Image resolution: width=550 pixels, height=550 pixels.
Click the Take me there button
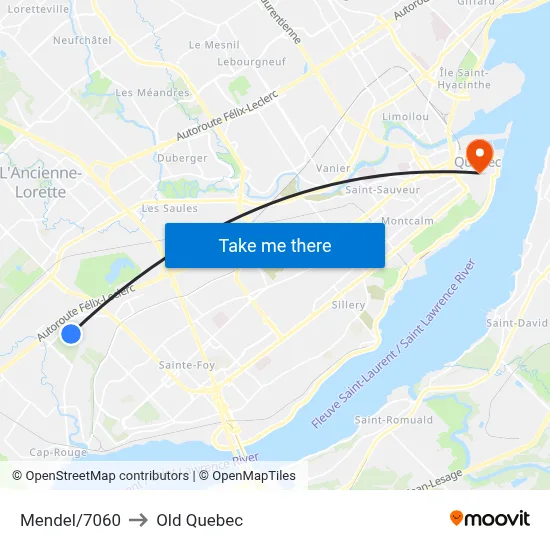275,245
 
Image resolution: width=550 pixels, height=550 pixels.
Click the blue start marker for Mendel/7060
71,334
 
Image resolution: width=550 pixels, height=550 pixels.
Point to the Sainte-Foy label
187,365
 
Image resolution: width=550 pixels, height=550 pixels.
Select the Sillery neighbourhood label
348,304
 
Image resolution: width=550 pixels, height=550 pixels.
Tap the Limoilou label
406,117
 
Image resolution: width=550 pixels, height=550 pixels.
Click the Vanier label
332,168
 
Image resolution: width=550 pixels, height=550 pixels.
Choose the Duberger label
182,158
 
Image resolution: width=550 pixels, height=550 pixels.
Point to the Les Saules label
170,209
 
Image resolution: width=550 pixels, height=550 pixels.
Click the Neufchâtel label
82,40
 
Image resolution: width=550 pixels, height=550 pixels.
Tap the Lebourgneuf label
251,62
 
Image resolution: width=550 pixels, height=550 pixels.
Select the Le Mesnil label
214,45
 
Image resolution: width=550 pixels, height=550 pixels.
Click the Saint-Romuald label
393,420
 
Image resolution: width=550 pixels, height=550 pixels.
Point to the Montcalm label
407,221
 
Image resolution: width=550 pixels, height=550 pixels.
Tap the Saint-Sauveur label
382,189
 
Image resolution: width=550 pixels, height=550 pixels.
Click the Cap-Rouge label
59,451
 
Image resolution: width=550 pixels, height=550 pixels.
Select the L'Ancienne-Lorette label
41,182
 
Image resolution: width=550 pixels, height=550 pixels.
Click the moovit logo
490,519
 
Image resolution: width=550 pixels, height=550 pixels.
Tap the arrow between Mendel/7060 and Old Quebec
138,520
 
